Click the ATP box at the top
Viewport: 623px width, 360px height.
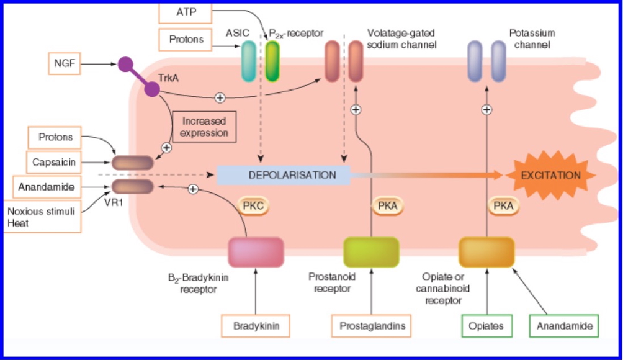[185, 12]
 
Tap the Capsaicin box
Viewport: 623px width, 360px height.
[55, 163]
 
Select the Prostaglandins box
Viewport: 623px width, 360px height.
[372, 326]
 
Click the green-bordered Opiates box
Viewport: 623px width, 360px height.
[486, 326]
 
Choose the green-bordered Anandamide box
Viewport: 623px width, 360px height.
[563, 326]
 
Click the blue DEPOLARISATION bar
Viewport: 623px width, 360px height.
[284, 175]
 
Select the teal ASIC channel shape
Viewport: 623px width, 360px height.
[249, 61]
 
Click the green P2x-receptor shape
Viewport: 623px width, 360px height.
[272, 61]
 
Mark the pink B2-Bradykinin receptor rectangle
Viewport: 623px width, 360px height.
[256, 252]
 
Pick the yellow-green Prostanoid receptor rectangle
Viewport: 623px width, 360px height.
[371, 252]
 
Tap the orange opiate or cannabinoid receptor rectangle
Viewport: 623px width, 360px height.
[486, 252]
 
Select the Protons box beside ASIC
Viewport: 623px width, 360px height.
[186, 40]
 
